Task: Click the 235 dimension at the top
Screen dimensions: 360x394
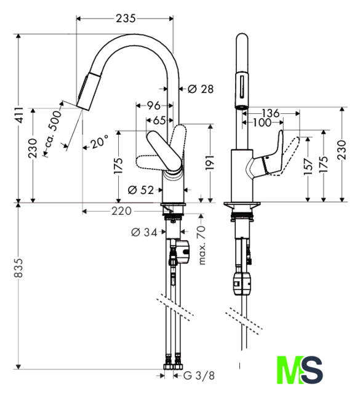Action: coord(126,18)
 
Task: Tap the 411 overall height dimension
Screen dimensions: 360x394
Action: coord(19,115)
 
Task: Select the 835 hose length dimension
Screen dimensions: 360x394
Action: coord(19,268)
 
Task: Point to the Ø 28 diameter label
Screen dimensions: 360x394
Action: coord(201,89)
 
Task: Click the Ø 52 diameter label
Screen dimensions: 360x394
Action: coord(140,190)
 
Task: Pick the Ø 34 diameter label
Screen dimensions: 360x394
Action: coord(144,233)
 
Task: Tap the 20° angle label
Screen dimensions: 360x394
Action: coord(100,142)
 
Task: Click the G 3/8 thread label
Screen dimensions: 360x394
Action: coord(199,376)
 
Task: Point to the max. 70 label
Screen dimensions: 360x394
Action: coord(202,245)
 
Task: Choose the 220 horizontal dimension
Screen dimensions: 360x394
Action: coord(122,211)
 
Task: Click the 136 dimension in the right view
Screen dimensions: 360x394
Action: coord(271,113)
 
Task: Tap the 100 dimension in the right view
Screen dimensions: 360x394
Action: coord(262,123)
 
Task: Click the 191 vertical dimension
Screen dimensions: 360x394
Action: coord(210,163)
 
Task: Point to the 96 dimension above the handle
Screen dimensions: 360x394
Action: coord(153,105)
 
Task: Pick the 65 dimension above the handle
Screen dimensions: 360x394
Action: coord(159,121)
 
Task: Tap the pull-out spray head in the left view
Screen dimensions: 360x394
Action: coord(89,91)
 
